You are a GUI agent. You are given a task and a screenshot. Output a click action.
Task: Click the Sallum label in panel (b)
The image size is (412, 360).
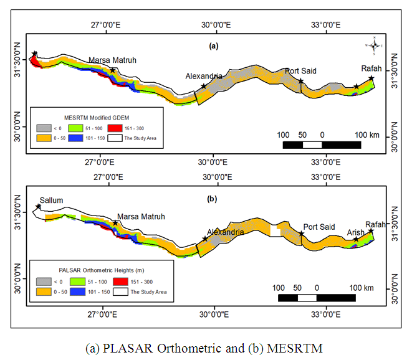pyautogui.click(x=51, y=201)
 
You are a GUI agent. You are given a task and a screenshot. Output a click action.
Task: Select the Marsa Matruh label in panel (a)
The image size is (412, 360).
pyautogui.click(x=112, y=60)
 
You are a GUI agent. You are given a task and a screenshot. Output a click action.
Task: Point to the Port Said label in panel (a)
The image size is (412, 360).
pyautogui.click(x=301, y=71)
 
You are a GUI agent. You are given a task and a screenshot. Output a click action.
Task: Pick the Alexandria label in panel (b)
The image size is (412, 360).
pyautogui.click(x=224, y=232)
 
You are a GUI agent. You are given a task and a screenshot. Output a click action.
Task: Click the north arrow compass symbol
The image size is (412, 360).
pyautogui.click(x=375, y=45)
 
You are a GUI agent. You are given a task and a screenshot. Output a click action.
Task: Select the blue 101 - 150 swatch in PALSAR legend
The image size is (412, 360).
pyautogui.click(x=79, y=291)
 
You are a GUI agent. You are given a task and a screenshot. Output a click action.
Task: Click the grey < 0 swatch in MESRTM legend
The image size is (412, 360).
pyautogui.click(x=45, y=127)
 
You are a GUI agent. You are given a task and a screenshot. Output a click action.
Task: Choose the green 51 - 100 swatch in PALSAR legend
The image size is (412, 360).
pyautogui.click(x=79, y=282)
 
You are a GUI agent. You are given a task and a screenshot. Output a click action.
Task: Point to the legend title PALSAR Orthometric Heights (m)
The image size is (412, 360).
pyautogui.click(x=100, y=271)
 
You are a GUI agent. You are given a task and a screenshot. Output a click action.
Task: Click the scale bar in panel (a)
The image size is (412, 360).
pyautogui.click(x=322, y=145)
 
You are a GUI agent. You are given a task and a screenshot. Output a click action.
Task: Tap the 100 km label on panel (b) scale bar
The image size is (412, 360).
pyautogui.click(x=360, y=288)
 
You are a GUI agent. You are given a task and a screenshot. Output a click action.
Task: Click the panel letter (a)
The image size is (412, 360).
pyautogui.click(x=213, y=45)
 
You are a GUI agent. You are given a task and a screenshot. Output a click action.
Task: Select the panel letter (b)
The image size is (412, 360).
pyautogui.click(x=212, y=199)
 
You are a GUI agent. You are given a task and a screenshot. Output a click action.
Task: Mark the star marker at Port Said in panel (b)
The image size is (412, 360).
pyautogui.click(x=302, y=234)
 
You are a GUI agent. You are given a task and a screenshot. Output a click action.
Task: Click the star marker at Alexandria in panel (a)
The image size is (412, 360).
pyautogui.click(x=204, y=86)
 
